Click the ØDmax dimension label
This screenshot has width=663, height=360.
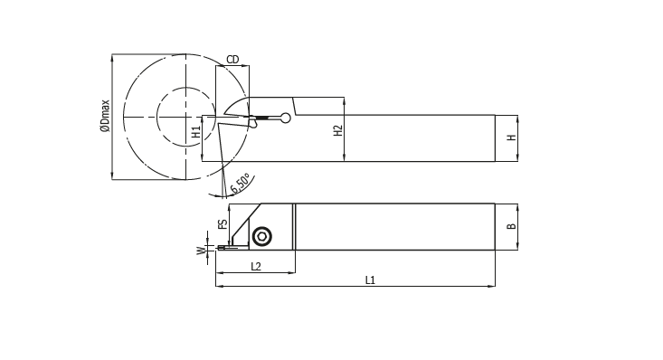click(105, 116)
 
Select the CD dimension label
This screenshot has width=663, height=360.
click(232, 60)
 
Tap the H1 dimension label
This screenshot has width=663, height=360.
click(196, 132)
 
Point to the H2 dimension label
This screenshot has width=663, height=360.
click(338, 130)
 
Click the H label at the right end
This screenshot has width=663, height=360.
click(512, 137)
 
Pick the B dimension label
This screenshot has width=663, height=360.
click(512, 226)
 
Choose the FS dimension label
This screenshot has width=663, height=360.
click(223, 223)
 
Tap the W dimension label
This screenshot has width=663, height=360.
click(201, 251)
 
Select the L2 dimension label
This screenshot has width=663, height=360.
click(256, 266)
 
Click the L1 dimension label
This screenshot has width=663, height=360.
click(370, 280)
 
